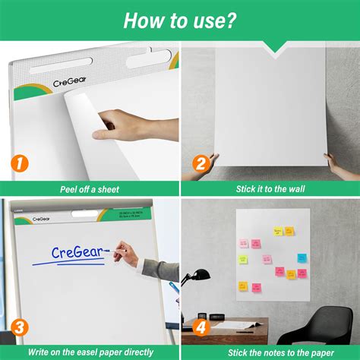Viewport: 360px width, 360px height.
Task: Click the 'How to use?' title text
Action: [180, 21]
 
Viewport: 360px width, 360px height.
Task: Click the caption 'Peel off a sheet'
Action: [90, 188]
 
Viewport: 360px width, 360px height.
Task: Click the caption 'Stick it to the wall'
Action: [270, 188]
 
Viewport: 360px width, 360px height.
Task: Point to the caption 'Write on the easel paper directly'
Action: [90, 352]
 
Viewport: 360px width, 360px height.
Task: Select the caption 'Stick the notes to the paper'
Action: [270, 352]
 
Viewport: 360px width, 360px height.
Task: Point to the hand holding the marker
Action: [128, 255]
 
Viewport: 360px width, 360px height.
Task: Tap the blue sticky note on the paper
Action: [302, 258]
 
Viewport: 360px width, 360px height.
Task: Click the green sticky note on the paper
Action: [243, 259]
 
